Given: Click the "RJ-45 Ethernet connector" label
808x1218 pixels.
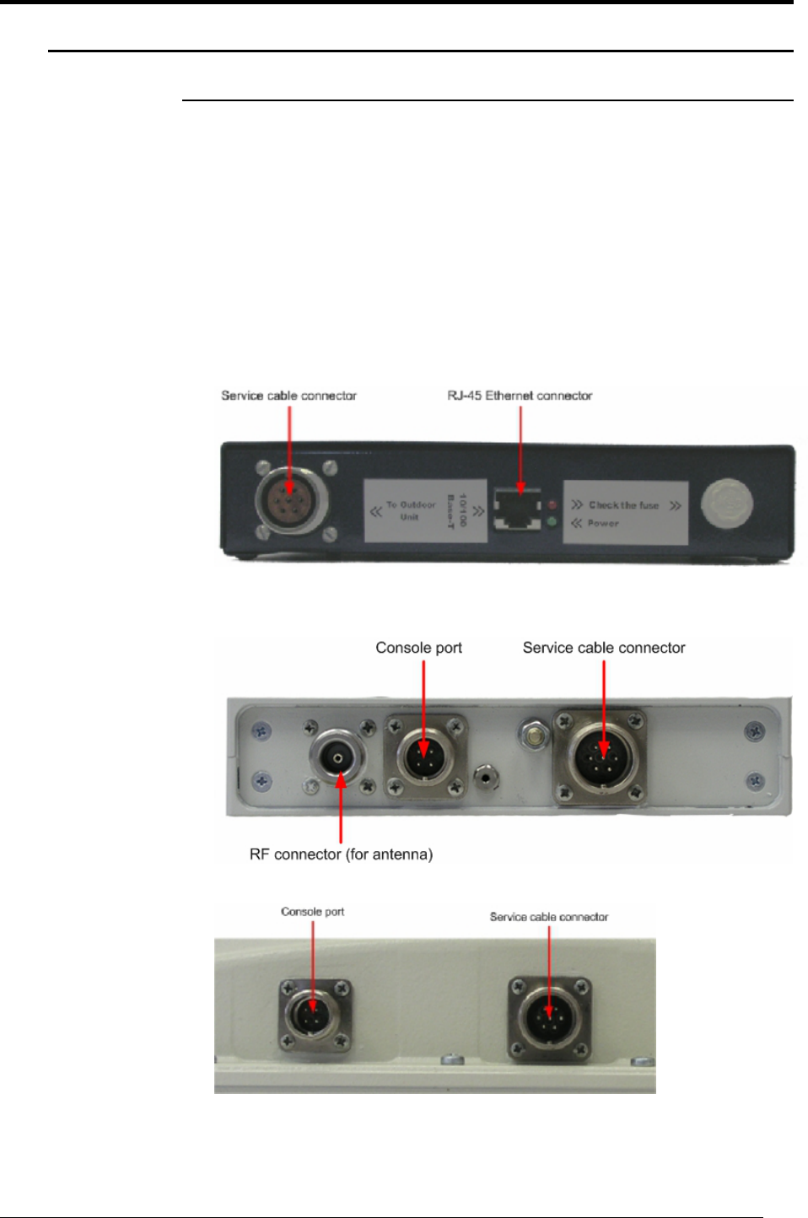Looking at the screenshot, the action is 520,396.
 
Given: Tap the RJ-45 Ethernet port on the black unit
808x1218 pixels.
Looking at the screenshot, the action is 518,509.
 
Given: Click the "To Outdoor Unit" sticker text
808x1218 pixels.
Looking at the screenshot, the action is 411,510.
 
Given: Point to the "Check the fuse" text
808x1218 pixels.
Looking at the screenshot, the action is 623,505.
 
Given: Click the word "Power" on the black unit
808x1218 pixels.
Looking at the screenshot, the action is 603,524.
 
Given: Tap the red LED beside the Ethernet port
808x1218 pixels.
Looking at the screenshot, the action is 553,505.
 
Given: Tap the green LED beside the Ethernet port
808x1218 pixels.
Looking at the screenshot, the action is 552,523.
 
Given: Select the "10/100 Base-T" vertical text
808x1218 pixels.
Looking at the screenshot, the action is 456,511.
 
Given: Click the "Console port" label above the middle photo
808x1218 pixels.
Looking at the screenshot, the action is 418,648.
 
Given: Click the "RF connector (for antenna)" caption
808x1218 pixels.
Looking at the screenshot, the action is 341,854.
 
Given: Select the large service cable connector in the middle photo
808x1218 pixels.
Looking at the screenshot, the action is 603,757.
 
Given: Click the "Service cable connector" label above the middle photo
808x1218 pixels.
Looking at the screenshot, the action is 604,648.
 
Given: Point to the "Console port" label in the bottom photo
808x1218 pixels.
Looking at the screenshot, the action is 312,912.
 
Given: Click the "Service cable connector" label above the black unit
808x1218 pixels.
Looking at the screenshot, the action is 288,396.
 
